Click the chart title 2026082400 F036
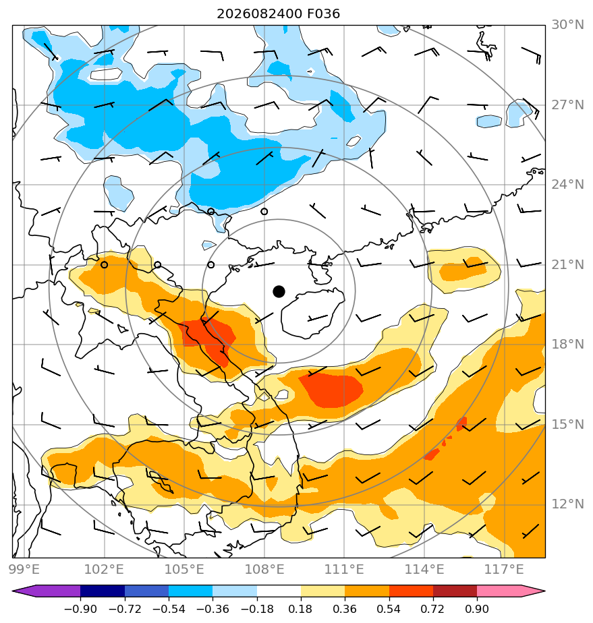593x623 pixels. click(278, 14)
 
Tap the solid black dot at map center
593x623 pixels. click(279, 292)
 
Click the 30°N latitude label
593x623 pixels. click(567, 25)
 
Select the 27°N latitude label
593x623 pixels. click(567, 105)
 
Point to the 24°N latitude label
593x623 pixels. click(567, 185)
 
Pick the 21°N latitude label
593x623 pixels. click(567, 264)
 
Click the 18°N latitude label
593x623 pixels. click(567, 345)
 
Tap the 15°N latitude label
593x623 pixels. click(567, 425)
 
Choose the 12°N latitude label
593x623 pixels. click(567, 504)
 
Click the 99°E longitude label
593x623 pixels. click(24, 569)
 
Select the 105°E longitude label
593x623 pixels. click(184, 569)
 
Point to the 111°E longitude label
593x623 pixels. click(344, 569)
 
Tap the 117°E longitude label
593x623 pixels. click(504, 569)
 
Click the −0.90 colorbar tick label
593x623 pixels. click(80, 609)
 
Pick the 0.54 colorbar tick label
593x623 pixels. click(389, 609)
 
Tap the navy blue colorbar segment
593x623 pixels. click(103, 591)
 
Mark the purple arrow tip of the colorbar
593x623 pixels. click(13, 591)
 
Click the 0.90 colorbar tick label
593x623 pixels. click(477, 609)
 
